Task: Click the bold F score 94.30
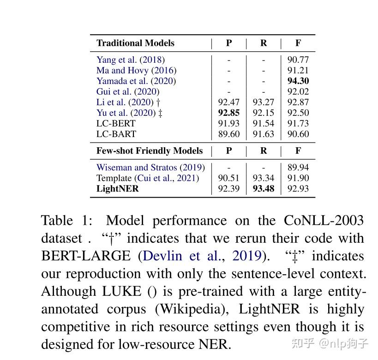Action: [298, 81]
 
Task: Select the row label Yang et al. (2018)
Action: [131, 60]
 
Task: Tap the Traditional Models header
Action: [135, 43]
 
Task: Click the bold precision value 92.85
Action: [228, 113]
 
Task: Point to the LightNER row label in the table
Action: [117, 188]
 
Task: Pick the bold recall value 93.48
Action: [264, 188]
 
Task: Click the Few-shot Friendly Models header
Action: [150, 151]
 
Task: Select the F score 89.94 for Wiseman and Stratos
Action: [298, 168]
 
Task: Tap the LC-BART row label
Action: [116, 134]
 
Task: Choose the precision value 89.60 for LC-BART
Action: [228, 134]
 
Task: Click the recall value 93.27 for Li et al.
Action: [264, 102]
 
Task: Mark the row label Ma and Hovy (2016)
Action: [136, 70]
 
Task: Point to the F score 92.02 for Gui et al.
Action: [298, 91]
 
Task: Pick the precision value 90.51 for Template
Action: [228, 178]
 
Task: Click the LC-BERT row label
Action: [116, 123]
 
